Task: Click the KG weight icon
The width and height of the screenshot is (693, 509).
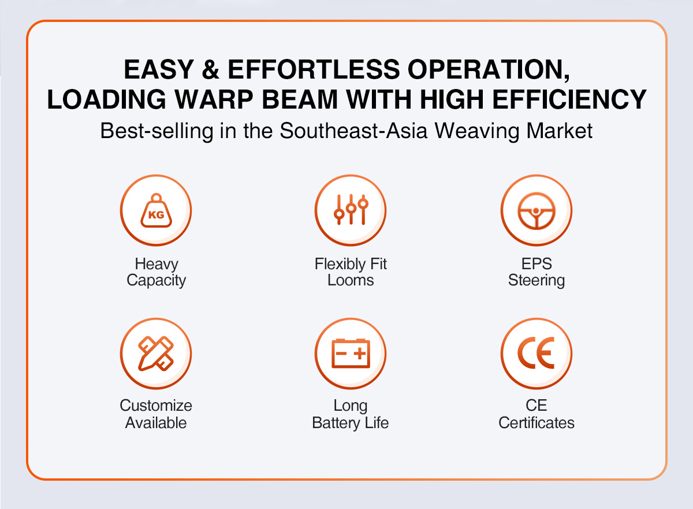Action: coord(157,211)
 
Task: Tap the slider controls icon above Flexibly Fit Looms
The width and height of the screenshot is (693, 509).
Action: coord(351,210)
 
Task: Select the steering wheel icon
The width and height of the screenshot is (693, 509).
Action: coord(536,211)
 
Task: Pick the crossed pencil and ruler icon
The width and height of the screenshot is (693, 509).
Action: coord(156,354)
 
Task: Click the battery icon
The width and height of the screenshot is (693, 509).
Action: coord(351,354)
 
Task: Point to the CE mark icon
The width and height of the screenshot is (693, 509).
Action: coord(536,353)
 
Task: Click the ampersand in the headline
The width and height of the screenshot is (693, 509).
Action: coord(211,70)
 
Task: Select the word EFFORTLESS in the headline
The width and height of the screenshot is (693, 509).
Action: coord(314,69)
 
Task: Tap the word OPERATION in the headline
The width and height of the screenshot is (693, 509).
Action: coord(488,70)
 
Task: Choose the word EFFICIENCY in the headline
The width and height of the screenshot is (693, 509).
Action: coord(569,99)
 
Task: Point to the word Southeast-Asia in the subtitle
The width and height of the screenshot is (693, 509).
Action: coord(353,131)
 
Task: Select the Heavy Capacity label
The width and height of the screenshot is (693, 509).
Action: coord(157,272)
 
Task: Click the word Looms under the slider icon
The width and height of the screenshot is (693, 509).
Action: coord(351,280)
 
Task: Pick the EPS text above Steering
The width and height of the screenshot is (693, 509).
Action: coord(536,264)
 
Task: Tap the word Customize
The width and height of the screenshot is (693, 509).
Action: coord(156,406)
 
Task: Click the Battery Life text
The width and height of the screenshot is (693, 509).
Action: coord(350,423)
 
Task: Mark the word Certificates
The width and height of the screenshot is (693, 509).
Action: coord(536,423)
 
